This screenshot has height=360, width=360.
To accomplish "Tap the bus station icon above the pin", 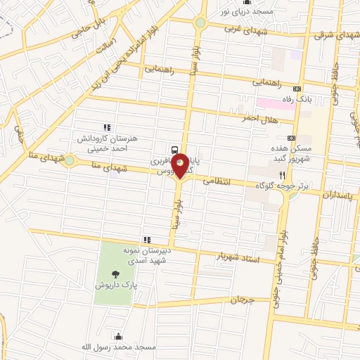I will click(174, 149).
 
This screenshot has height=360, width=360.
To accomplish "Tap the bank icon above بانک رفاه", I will click(297, 89).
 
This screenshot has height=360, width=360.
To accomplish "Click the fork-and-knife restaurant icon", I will click(282, 174).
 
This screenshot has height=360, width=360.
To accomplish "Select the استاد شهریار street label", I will click(237, 259).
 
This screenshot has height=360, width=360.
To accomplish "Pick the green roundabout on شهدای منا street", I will click(70, 162).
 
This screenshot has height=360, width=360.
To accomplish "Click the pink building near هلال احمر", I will click(266, 104).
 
